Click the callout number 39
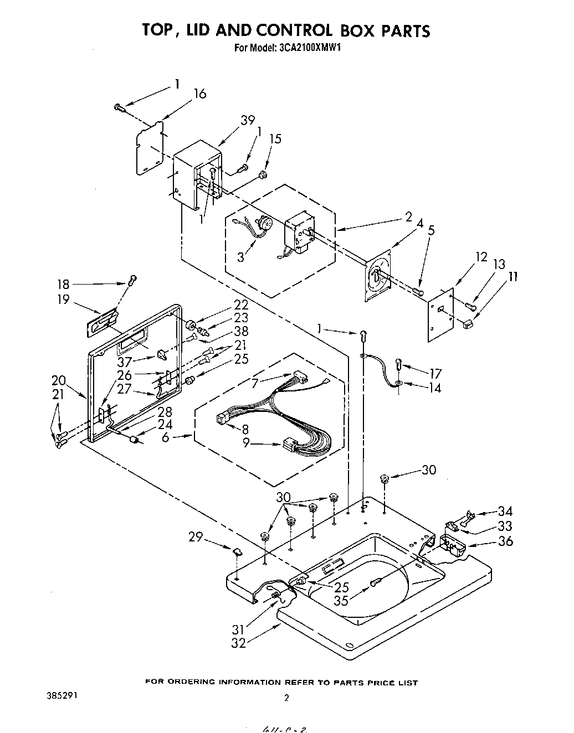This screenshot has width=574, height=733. point(247,120)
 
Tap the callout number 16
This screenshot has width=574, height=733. point(199,94)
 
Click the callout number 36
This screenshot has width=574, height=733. point(505,541)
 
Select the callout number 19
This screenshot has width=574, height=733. point(63,300)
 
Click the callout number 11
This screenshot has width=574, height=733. point(513,276)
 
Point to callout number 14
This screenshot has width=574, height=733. point(435,388)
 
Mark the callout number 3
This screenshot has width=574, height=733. point(240,257)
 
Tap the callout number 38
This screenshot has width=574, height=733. point(241,331)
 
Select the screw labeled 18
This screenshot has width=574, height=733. point(132,280)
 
